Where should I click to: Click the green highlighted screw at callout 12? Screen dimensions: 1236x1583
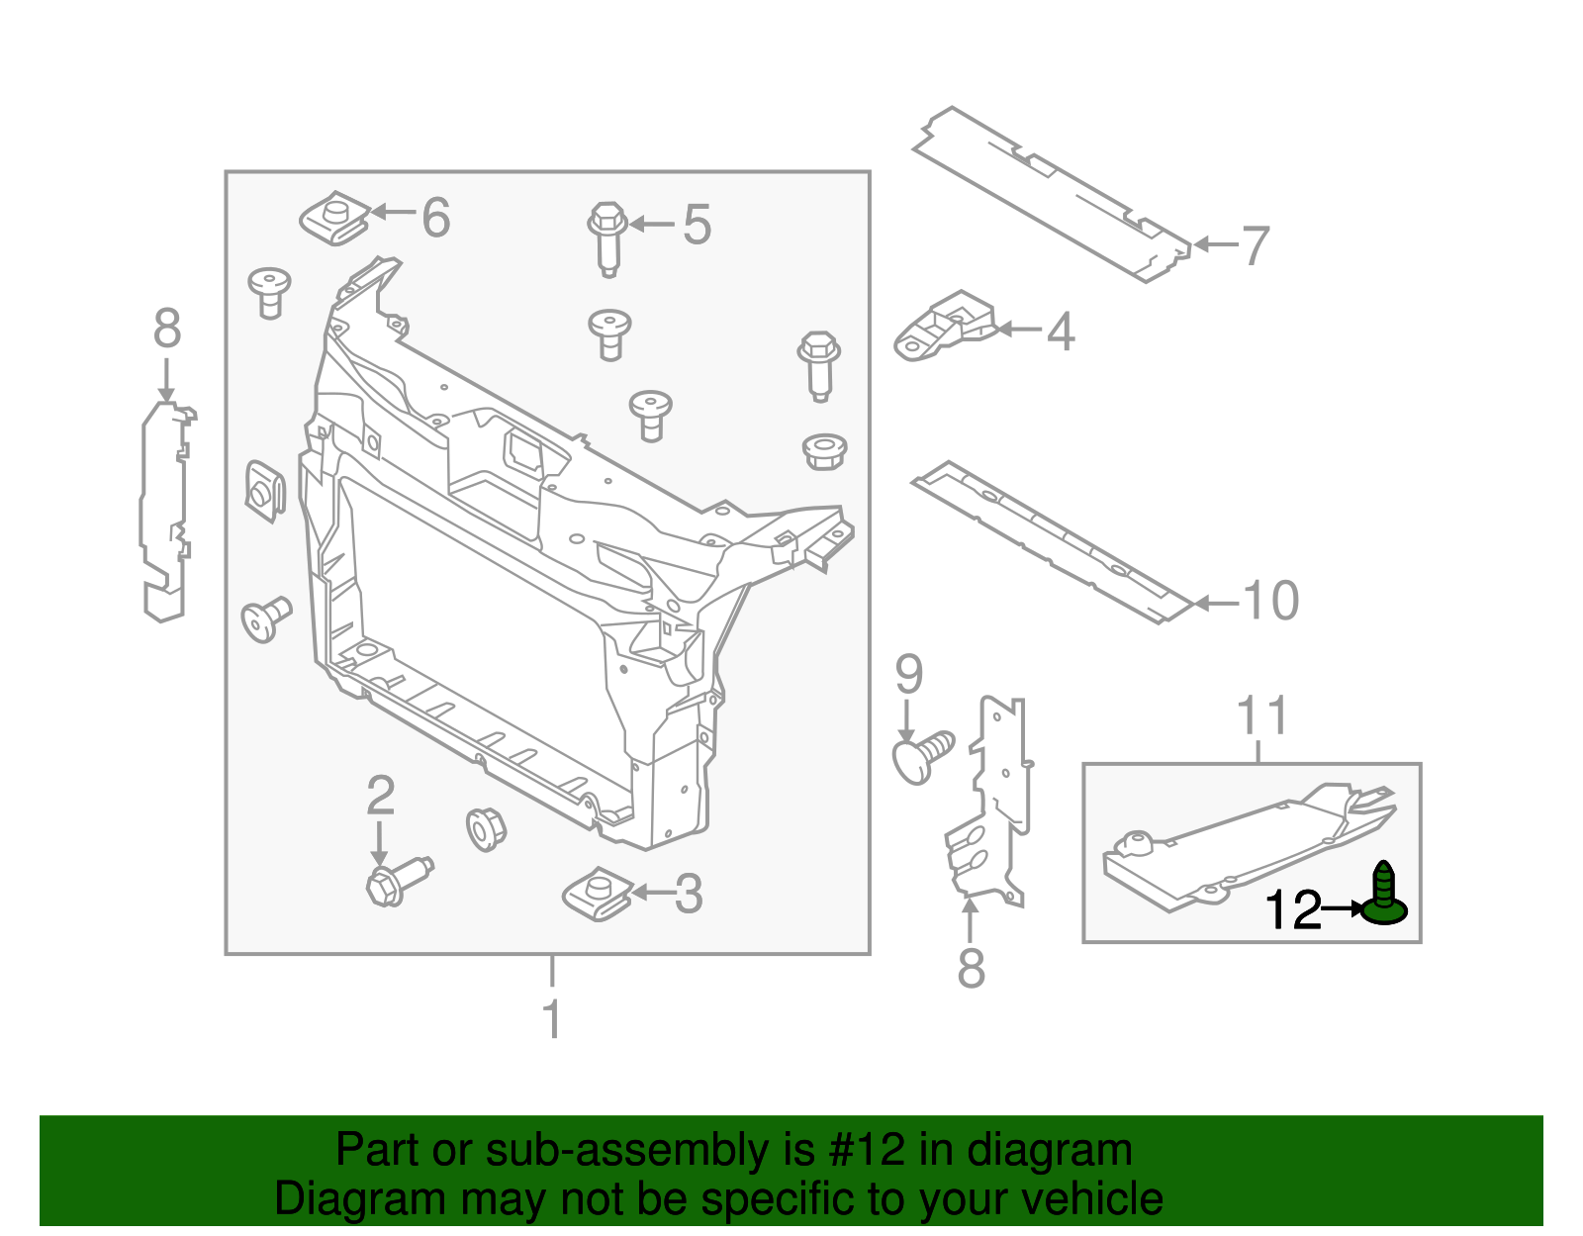pyautogui.click(x=1383, y=897)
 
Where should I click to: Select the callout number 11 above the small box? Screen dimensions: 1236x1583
pyautogui.click(x=1262, y=715)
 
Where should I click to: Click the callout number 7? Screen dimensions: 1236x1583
pyautogui.click(x=1255, y=245)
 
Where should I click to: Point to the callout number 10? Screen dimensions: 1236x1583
pyautogui.click(x=1270, y=601)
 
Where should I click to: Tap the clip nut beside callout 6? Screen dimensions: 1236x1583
pyautogui.click(x=333, y=220)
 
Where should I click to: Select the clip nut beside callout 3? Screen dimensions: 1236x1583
pyautogui.click(x=598, y=894)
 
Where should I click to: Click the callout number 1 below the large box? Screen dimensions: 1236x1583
pyautogui.click(x=552, y=1019)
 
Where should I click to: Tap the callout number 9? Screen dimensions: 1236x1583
pyautogui.click(x=908, y=675)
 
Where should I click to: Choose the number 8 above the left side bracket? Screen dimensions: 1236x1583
pyautogui.click(x=167, y=329)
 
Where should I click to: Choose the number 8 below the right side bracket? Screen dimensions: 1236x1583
pyautogui.click(x=971, y=968)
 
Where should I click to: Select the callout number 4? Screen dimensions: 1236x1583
pyautogui.click(x=1060, y=332)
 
